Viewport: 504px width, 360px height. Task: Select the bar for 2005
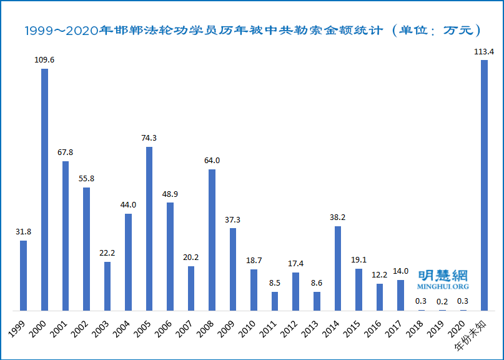[x=149, y=229]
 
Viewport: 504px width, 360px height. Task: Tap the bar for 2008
[x=212, y=240]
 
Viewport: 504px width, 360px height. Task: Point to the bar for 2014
[x=338, y=268]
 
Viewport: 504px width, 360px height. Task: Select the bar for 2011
[x=275, y=301]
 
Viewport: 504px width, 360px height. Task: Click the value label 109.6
[x=45, y=60]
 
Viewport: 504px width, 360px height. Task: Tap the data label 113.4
[x=484, y=52]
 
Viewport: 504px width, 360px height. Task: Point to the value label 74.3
[x=149, y=138]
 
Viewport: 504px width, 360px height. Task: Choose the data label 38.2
[x=338, y=217]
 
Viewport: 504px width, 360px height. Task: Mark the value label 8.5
[x=275, y=283]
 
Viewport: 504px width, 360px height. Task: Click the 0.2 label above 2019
[x=442, y=301]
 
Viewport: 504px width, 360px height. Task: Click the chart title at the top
[x=252, y=30]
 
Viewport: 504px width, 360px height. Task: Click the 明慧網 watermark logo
[x=443, y=274]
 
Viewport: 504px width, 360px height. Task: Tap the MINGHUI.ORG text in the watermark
[x=443, y=286]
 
